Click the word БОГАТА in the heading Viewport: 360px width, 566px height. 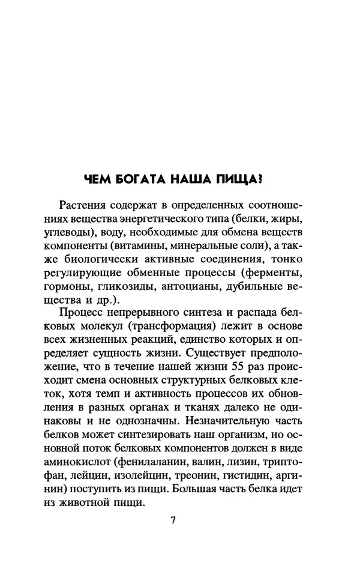[137, 178]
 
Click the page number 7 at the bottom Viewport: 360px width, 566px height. [173, 520]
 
